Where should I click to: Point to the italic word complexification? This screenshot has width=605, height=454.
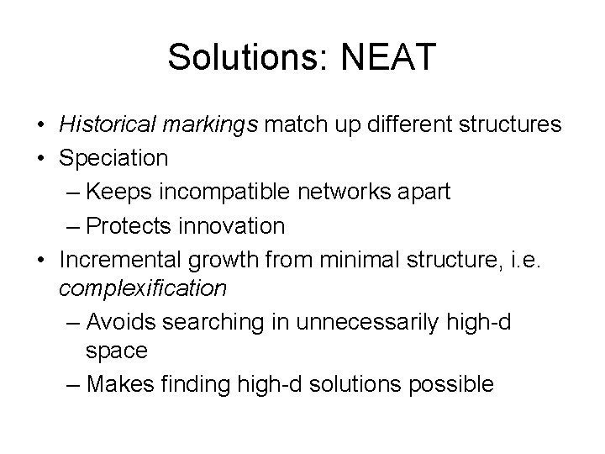(143, 288)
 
